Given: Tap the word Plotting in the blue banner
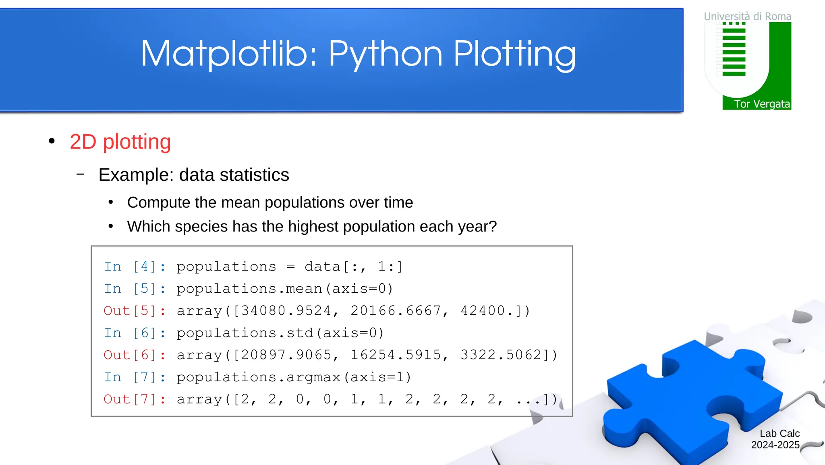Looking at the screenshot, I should pos(514,54).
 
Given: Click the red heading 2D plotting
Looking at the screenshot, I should pos(120,142).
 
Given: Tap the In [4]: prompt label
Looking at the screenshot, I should pos(135,267).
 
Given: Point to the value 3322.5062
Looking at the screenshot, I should pos(505,355).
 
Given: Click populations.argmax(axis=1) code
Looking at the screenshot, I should pos(294,377).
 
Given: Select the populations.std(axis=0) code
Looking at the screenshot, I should pos(280,333).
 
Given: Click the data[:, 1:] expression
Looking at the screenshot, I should pos(353,267).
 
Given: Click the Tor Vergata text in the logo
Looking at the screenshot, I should pos(761,104).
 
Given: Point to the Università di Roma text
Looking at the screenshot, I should pos(747,17).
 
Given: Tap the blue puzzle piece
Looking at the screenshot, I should pos(693,399).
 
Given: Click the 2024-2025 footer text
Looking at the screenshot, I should pos(775,445).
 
